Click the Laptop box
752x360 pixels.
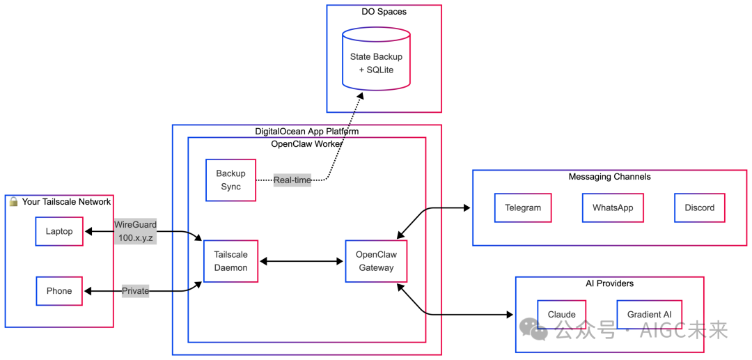tap(59, 231)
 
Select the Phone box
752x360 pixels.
tap(59, 291)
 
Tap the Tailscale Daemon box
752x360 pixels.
tap(230, 261)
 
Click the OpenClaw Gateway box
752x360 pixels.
tap(376, 261)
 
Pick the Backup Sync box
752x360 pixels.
tap(230, 180)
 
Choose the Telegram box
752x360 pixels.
tap(523, 208)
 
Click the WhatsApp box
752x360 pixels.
tap(613, 208)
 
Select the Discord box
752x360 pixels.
tap(699, 208)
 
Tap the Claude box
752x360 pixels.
tap(561, 314)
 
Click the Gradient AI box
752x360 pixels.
tap(649, 314)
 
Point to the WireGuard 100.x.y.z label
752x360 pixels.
tap(135, 231)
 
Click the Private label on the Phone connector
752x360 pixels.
tap(135, 291)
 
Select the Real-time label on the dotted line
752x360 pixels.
tap(292, 180)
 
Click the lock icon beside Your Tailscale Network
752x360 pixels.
tap(13, 201)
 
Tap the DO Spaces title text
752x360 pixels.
tap(384, 12)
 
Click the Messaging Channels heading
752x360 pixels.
tap(609, 177)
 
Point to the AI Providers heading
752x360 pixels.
tap(609, 283)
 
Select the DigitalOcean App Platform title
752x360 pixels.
tap(306, 131)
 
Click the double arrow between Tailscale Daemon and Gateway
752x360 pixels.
tap(301, 261)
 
